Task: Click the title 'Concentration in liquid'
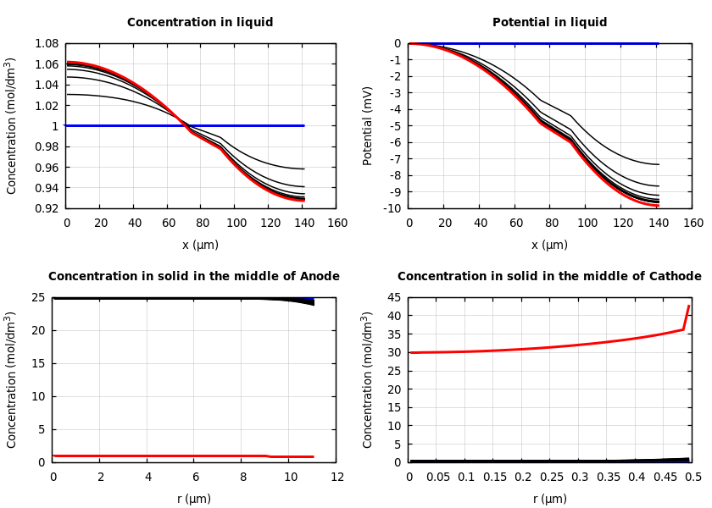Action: [200, 23]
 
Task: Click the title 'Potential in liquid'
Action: [549, 23]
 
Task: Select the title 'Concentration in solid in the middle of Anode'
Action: [194, 277]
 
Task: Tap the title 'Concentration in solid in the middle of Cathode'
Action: [549, 277]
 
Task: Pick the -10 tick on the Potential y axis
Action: [392, 208]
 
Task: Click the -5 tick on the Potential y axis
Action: [395, 126]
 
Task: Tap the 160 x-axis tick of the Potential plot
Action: [693, 223]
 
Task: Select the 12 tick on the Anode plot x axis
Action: [337, 477]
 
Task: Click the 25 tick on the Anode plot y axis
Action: [37, 297]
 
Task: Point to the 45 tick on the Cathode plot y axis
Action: [393, 297]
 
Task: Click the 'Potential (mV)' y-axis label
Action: [368, 125]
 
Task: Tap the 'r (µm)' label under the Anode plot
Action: [195, 499]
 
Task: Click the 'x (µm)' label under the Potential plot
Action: [549, 245]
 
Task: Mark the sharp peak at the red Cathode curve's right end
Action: [689, 306]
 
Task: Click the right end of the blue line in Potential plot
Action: [658, 43]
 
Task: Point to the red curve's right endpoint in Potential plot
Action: [658, 205]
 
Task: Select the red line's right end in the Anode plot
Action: [313, 456]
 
